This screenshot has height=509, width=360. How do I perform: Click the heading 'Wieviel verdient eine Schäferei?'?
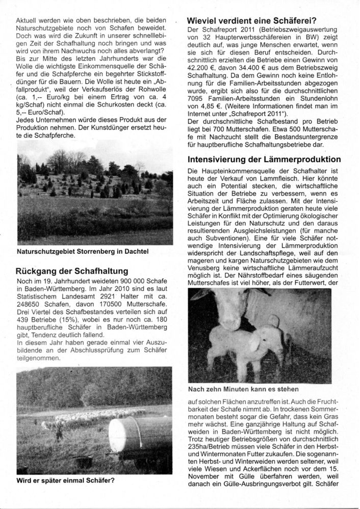[252, 21]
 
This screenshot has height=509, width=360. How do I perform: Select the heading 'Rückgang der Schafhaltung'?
[71, 271]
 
